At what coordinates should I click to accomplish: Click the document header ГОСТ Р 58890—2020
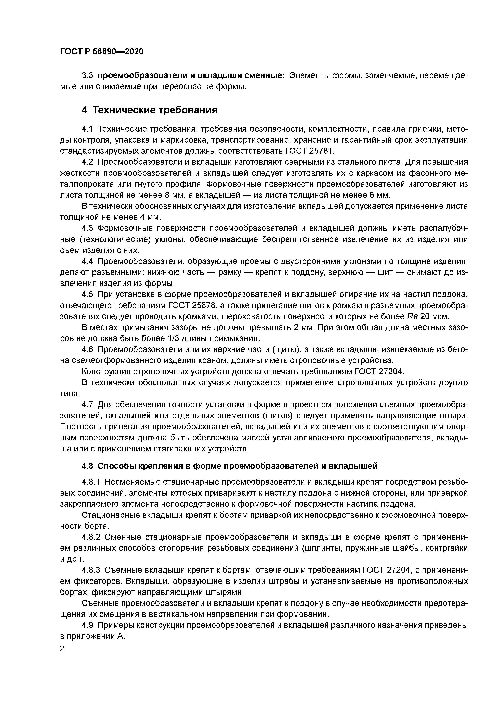click(x=102, y=51)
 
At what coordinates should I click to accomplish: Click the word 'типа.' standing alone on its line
click(x=70, y=394)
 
